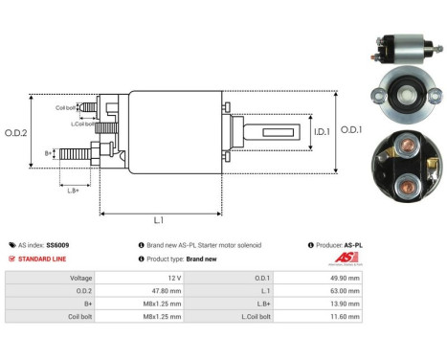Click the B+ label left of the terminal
tap(49, 152)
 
